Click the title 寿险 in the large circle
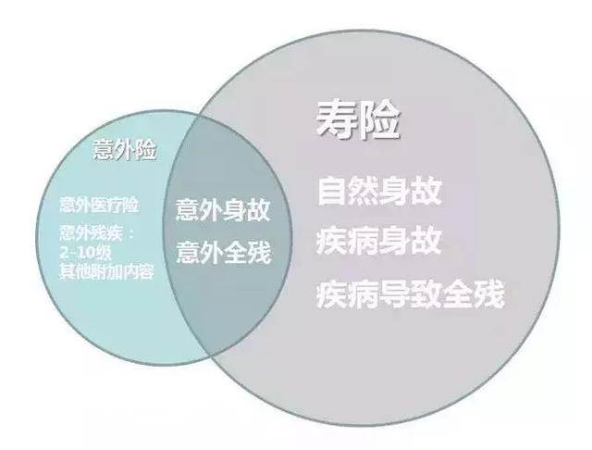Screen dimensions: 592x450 358,120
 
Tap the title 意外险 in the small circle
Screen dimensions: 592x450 125,150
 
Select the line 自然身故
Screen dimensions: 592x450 379,192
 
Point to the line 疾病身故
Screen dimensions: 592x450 378,242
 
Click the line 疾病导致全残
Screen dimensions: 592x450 411,294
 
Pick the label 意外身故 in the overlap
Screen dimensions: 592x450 223,210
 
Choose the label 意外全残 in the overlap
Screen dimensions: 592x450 224,253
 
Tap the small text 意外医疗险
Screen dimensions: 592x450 99,205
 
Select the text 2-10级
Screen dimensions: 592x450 85,253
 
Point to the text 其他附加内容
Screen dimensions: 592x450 106,271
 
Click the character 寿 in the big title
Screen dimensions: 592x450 337,120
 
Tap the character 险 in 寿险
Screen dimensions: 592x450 378,120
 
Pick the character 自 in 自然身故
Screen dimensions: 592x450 332,192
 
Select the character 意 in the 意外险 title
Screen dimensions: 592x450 104,150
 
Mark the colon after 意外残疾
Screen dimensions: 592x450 131,234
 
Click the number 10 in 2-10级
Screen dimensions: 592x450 86,253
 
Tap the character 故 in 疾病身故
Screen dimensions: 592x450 426,242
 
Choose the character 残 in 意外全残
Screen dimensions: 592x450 259,253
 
